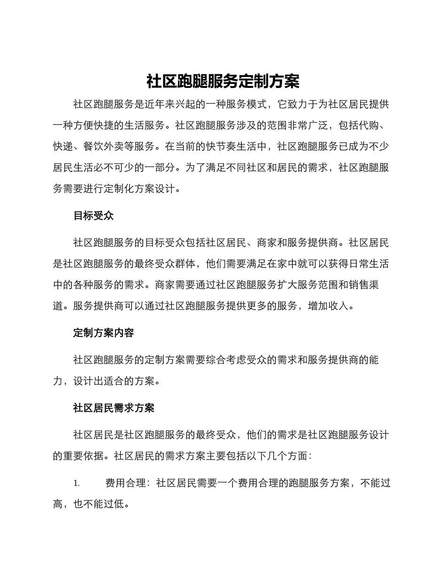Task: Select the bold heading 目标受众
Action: coord(93,216)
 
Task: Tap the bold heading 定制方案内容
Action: coord(103,333)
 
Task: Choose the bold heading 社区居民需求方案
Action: coord(114,408)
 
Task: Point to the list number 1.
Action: coord(77,483)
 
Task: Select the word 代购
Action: coord(368,125)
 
